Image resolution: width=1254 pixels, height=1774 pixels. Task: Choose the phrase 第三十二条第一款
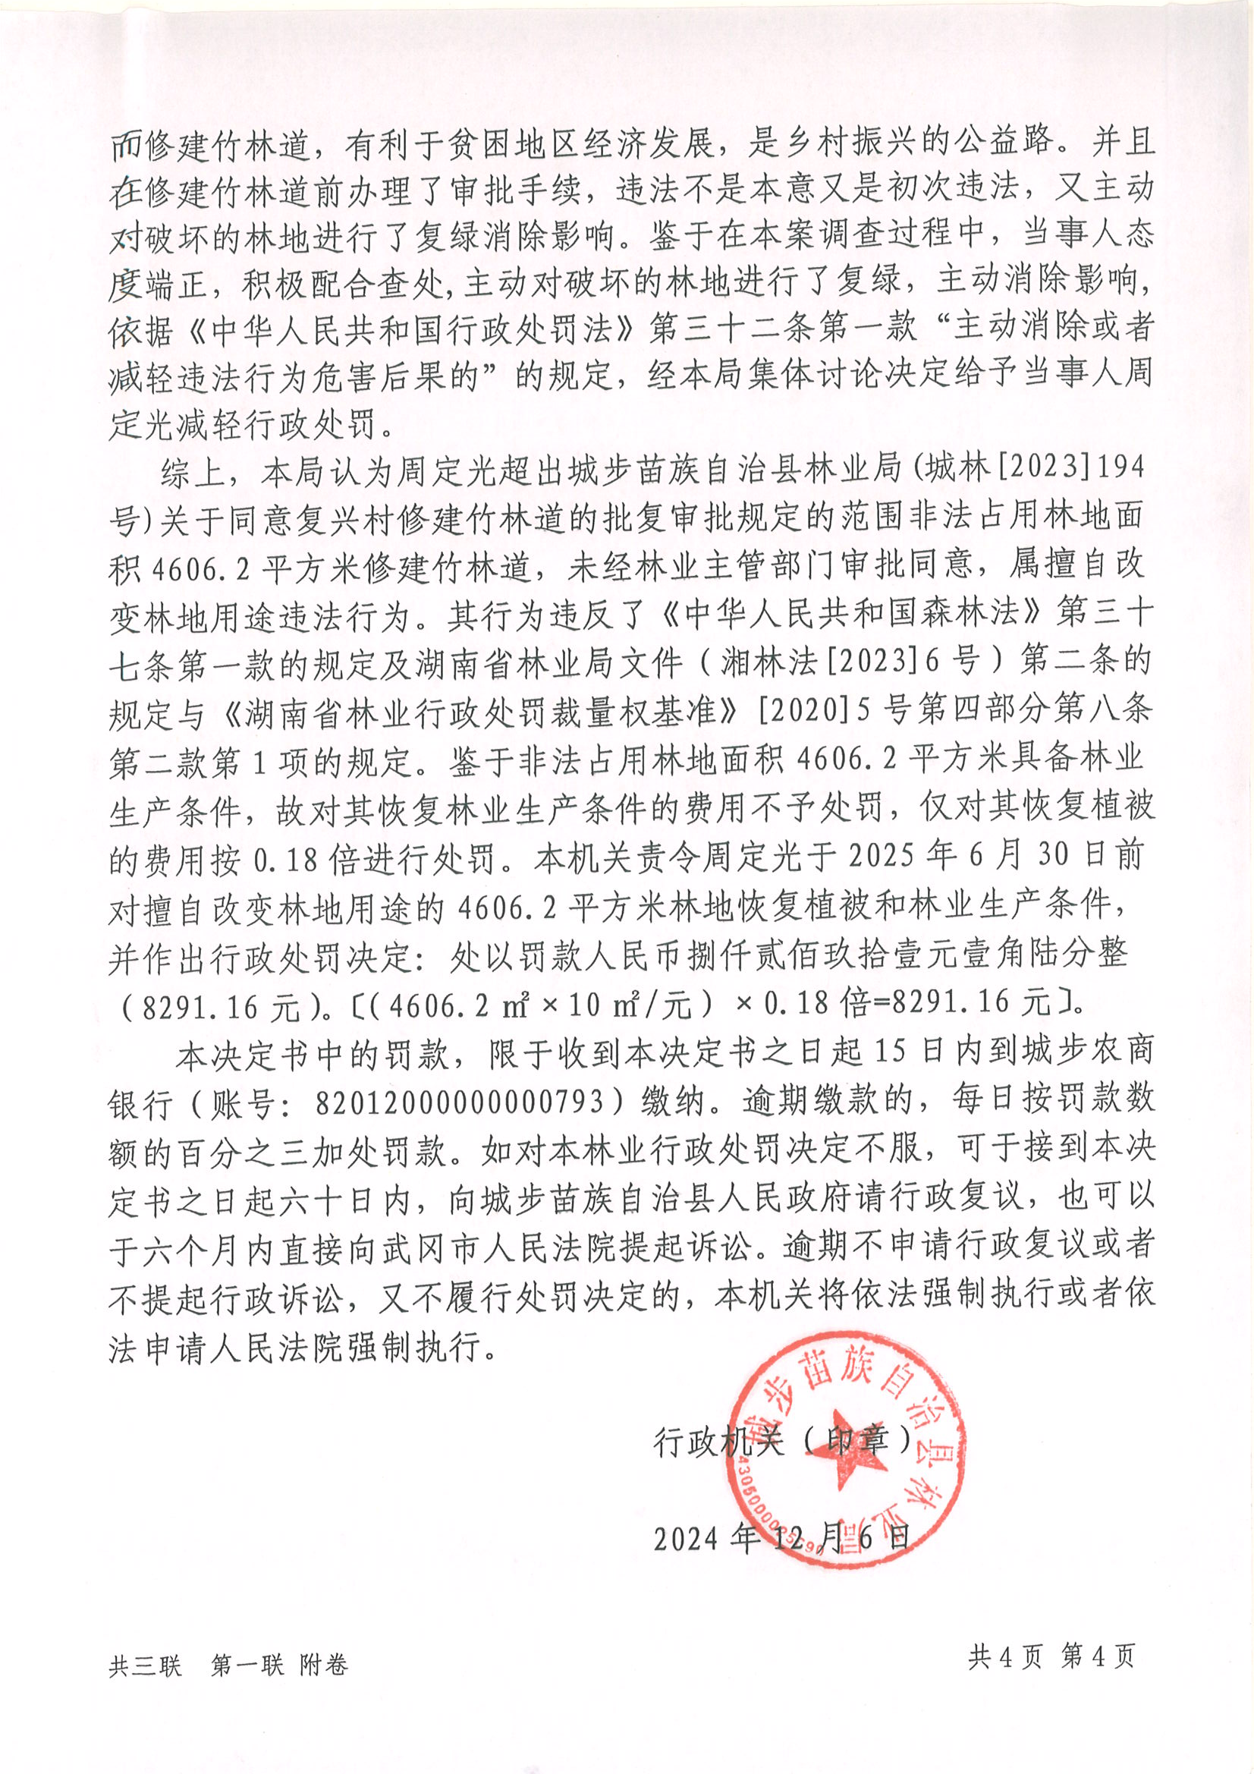[x=783, y=328]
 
